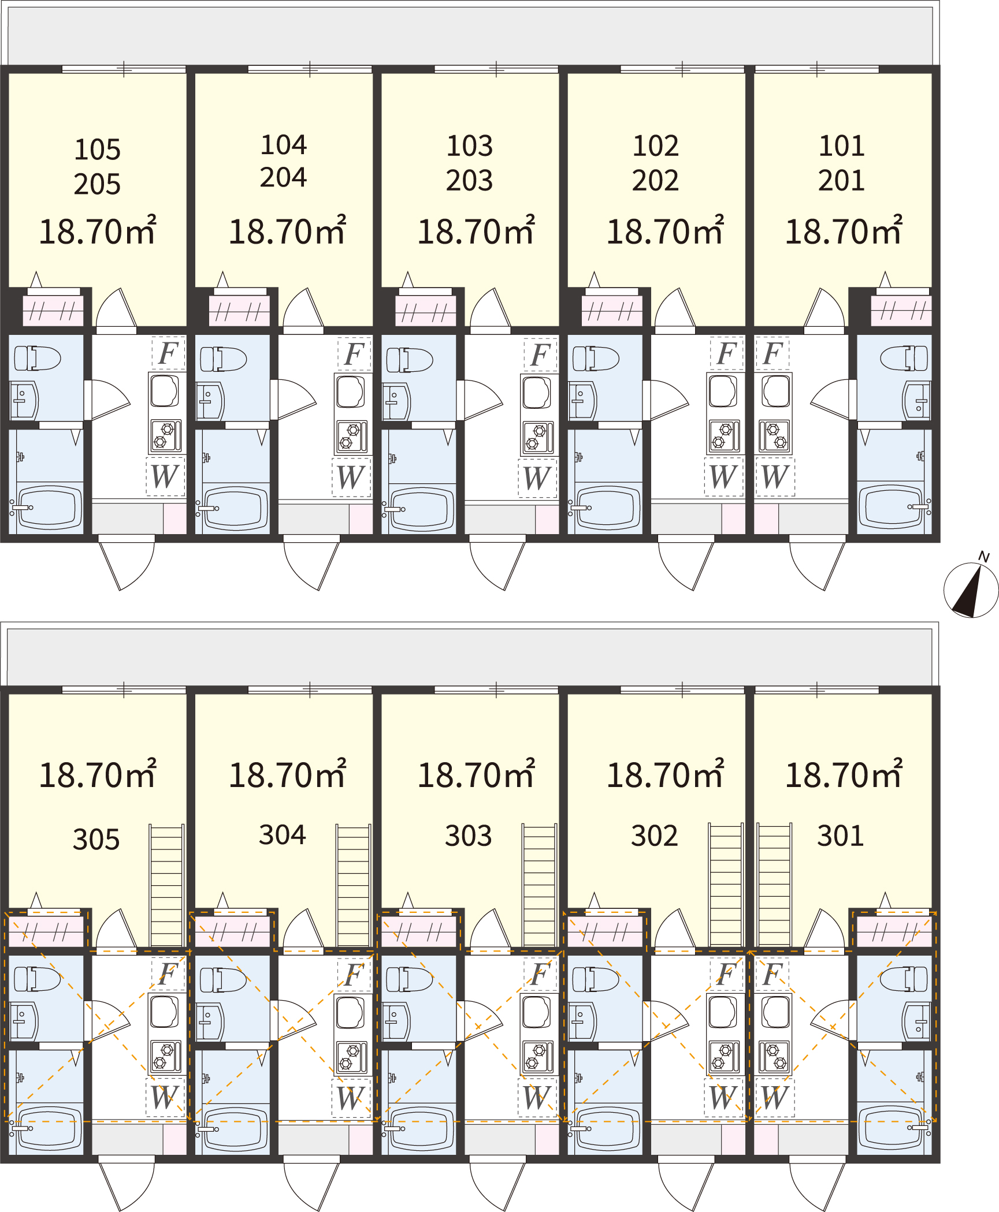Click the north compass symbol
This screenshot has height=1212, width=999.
[971, 589]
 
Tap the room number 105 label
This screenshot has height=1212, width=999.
[98, 150]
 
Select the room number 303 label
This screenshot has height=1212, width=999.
[468, 836]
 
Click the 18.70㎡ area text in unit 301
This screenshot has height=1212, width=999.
[844, 774]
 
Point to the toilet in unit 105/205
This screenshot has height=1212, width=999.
[38, 358]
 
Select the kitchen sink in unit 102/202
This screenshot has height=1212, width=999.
[723, 391]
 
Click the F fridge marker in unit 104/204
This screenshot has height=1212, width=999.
[354, 353]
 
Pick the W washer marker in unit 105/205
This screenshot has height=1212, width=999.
[165, 476]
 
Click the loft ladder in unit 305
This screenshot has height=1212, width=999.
[166, 885]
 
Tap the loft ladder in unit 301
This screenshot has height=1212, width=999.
[774, 885]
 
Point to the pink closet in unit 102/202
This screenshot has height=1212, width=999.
[612, 311]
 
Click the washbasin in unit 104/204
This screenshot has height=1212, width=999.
[210, 401]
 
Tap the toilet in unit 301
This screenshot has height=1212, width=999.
[904, 979]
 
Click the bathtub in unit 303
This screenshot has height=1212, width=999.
[421, 1129]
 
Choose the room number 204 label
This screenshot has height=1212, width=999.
[283, 177]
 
